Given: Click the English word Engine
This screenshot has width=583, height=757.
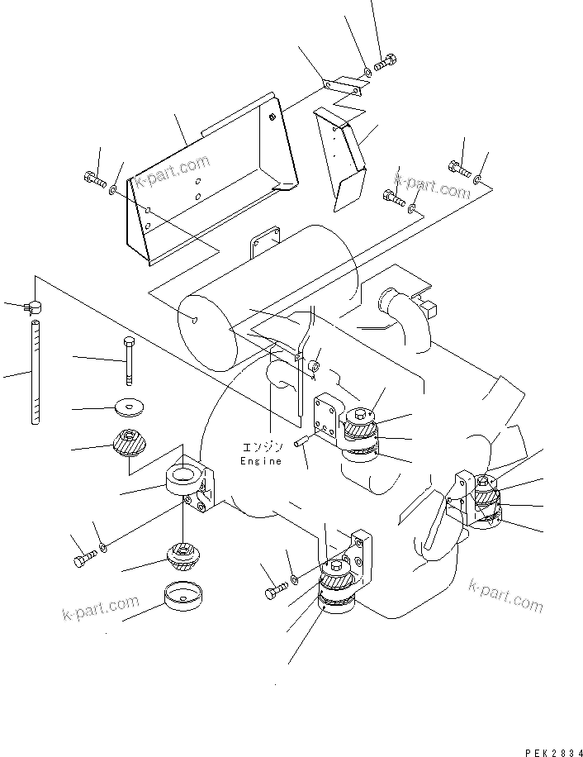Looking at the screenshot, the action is pos(261,461).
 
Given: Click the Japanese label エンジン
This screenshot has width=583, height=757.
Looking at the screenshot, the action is pos(261,446).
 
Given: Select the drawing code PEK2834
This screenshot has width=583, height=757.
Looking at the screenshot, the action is pos(553,752).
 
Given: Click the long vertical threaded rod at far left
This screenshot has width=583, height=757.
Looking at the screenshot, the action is pos(36,372).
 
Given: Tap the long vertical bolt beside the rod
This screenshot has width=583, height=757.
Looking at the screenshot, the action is pos(129,362).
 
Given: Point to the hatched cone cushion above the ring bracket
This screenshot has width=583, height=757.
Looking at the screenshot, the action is pos(130,442).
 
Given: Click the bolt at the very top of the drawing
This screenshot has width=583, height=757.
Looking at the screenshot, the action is pos(385,63).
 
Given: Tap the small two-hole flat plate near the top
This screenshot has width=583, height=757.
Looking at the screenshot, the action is pos(345,85).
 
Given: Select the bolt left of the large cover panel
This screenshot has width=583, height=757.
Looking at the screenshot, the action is pos(95,179).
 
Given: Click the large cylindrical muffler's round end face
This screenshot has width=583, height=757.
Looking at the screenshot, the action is pos(208,333).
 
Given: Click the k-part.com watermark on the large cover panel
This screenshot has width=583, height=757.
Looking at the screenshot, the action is pos(173,170).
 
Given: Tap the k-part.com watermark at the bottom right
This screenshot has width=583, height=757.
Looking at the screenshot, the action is pos(505,595).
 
